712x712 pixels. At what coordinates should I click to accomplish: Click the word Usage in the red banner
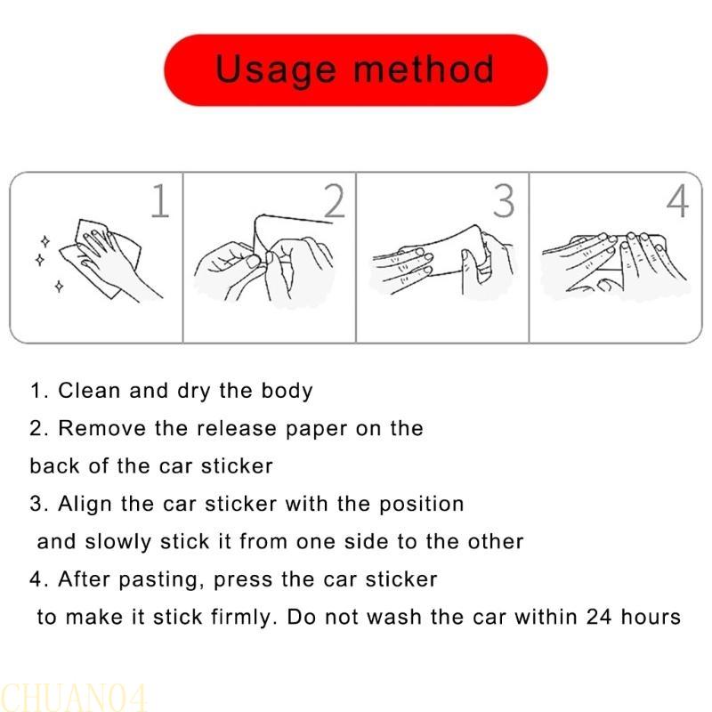(276, 70)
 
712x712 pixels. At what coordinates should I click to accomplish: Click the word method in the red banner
(424, 69)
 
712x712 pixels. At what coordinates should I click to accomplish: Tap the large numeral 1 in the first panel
(160, 201)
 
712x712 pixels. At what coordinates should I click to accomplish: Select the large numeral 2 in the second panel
(335, 201)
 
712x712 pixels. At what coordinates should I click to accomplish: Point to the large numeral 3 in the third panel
(504, 201)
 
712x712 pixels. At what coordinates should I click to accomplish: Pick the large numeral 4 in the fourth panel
(677, 201)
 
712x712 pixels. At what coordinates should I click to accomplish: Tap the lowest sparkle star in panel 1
(59, 286)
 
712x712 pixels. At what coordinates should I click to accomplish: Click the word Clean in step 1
(89, 391)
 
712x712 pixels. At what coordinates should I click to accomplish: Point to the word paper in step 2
(317, 430)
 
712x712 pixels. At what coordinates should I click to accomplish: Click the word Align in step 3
(85, 505)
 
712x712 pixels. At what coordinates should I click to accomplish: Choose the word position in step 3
(421, 505)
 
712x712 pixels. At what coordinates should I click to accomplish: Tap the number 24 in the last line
(599, 617)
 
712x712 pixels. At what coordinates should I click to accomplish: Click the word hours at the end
(651, 617)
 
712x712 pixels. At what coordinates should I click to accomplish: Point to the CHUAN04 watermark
(74, 697)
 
